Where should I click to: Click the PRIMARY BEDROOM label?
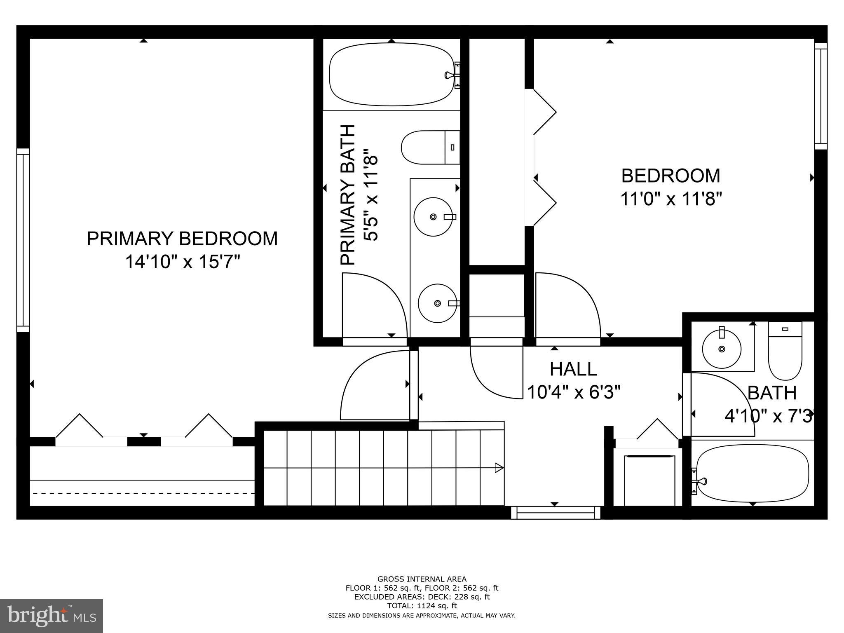point(182,239)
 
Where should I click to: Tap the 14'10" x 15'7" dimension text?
point(182,262)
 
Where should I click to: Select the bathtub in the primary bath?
point(391,75)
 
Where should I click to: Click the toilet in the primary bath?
point(429,147)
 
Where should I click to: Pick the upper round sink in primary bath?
point(433,217)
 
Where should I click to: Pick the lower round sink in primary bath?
point(437,303)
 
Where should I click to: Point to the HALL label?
point(573,369)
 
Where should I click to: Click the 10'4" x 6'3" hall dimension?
point(574,392)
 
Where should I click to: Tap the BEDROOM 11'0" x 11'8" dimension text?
point(671,199)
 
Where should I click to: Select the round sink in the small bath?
point(721,349)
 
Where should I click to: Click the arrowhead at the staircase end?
point(499,468)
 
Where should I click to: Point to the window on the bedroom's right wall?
point(821,96)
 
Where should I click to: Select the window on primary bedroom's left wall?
point(23,240)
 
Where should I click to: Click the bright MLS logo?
point(52,616)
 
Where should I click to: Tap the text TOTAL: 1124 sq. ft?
point(422,606)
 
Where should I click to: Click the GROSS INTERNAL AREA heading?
point(422,579)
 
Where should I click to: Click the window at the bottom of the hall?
point(555,513)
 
